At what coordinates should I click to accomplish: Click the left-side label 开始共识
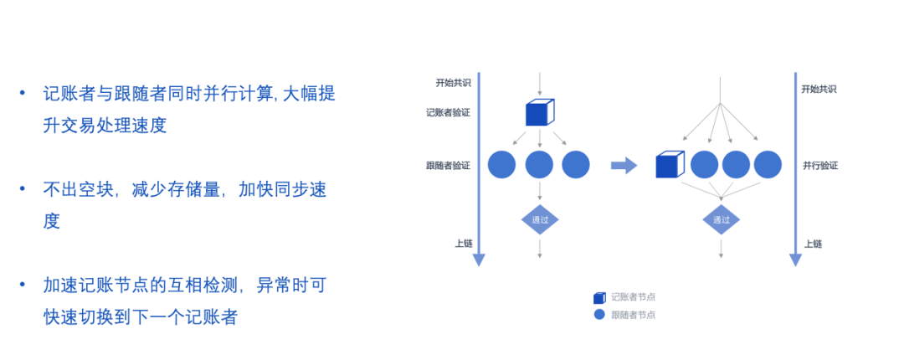click(453, 83)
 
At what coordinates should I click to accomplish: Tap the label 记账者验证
click(448, 112)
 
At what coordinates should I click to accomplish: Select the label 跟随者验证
click(448, 165)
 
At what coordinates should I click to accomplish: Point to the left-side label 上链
click(463, 244)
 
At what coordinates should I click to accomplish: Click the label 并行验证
click(819, 166)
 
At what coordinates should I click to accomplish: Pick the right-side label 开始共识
click(819, 89)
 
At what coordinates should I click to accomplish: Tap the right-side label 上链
click(813, 244)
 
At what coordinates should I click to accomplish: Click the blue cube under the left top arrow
click(539, 112)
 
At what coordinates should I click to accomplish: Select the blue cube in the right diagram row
click(670, 165)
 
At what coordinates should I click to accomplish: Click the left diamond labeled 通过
click(540, 220)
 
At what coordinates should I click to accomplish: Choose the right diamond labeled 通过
click(721, 220)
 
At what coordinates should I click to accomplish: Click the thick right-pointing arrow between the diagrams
click(624, 165)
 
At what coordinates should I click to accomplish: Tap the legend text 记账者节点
click(633, 296)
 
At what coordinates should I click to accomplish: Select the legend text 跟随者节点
click(633, 315)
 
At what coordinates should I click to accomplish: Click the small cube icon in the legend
click(599, 297)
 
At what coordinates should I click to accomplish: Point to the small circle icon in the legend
click(599, 315)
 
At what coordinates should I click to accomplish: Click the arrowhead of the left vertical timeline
click(479, 260)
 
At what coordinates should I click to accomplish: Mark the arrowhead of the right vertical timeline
click(795, 260)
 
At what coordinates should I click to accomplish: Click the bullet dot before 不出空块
click(23, 189)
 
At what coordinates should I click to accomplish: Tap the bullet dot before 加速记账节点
click(23, 285)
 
